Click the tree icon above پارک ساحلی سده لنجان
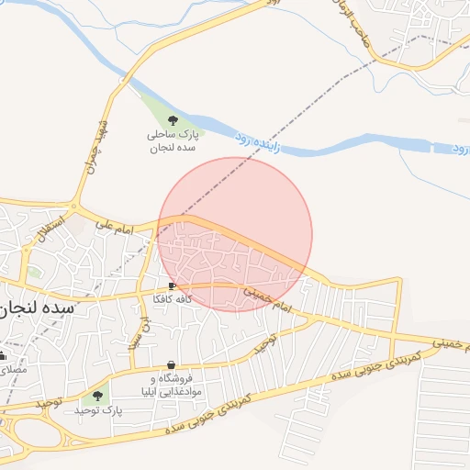pyautogui.click(x=173, y=119)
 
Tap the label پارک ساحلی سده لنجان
pyautogui.click(x=173, y=140)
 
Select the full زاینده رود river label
pyautogui.click(x=252, y=141)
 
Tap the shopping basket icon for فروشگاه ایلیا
pyautogui.click(x=173, y=365)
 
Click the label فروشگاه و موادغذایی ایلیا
pyautogui.click(x=177, y=385)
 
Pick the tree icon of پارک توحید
pyautogui.click(x=97, y=396)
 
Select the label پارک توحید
pyautogui.click(x=97, y=409)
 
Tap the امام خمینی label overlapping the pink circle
pyautogui.click(x=267, y=299)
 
